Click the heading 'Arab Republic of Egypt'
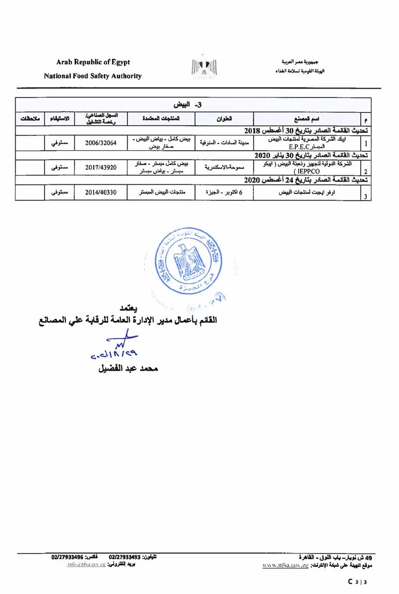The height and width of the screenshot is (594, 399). point(93,62)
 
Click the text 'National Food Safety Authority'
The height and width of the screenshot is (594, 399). point(93,76)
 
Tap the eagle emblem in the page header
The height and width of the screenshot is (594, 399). point(204,68)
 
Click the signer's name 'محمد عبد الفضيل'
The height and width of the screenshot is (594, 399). point(128,368)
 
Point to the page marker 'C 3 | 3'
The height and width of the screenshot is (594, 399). point(357,582)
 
